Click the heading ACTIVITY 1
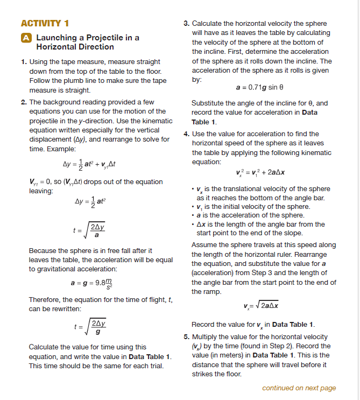click(x=45, y=23)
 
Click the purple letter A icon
click(x=25, y=38)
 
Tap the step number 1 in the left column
click(x=24, y=62)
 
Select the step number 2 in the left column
click(x=24, y=102)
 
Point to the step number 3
click(x=186, y=24)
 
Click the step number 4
click(x=186, y=134)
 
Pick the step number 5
click(x=186, y=336)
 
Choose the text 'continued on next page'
click(x=299, y=388)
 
